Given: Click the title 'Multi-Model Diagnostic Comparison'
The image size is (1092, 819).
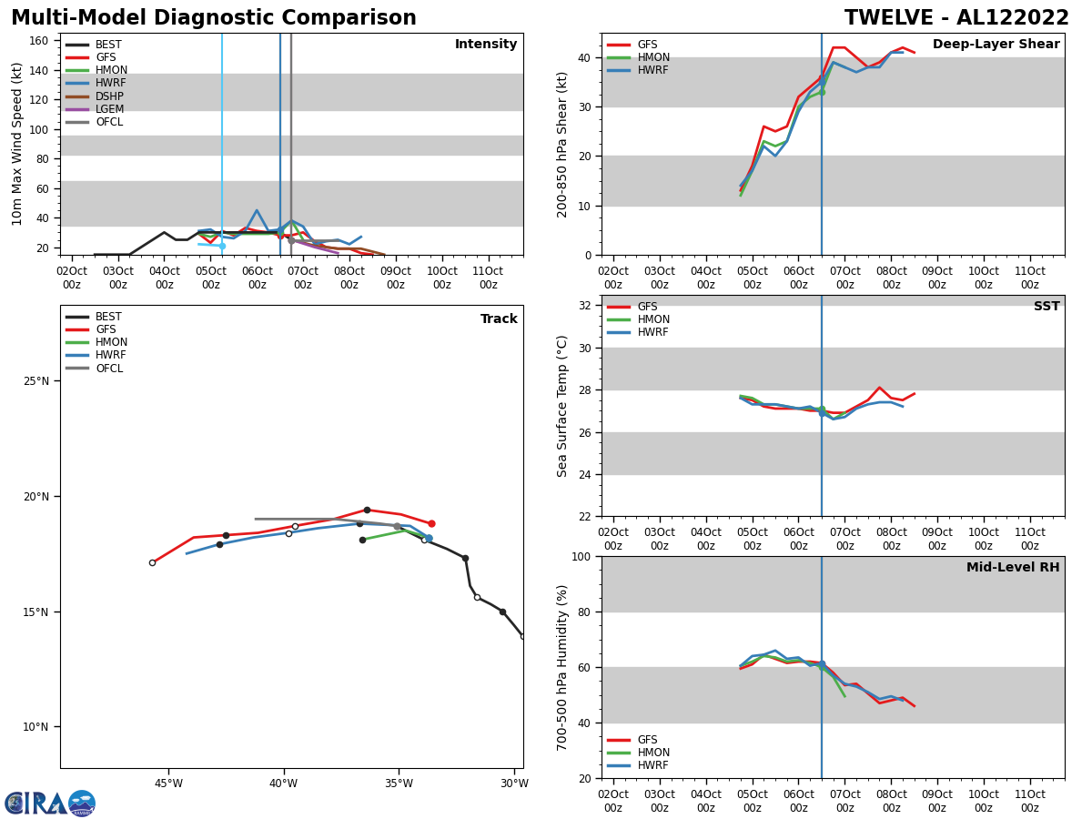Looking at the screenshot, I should [x=213, y=18].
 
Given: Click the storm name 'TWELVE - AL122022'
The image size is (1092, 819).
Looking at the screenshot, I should [x=956, y=18].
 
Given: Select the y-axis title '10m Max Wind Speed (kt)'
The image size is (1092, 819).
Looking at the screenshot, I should [x=18, y=144].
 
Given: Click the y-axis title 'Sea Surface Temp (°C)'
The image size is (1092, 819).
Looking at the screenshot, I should [x=563, y=406].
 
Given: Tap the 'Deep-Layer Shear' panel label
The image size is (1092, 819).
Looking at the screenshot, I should [x=996, y=45].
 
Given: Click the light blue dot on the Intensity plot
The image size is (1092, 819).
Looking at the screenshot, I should [x=221, y=246].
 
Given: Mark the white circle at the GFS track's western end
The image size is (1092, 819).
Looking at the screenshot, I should [x=152, y=562].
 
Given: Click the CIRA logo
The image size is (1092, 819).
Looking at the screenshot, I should [x=50, y=804].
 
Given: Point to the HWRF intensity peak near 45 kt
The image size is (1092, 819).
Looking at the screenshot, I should [x=257, y=211].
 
